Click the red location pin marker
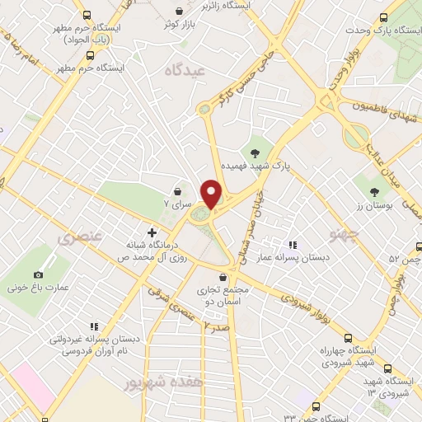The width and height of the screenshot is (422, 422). pyautogui.click(x=212, y=194)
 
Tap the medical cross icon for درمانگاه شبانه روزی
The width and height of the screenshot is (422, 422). pyautogui.click(x=151, y=233)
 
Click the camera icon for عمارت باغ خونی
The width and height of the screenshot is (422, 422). pyautogui.click(x=38, y=274)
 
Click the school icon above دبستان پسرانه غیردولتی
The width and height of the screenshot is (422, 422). pyautogui.click(x=95, y=326)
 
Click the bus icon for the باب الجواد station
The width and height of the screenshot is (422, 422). pyautogui.click(x=87, y=14)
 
